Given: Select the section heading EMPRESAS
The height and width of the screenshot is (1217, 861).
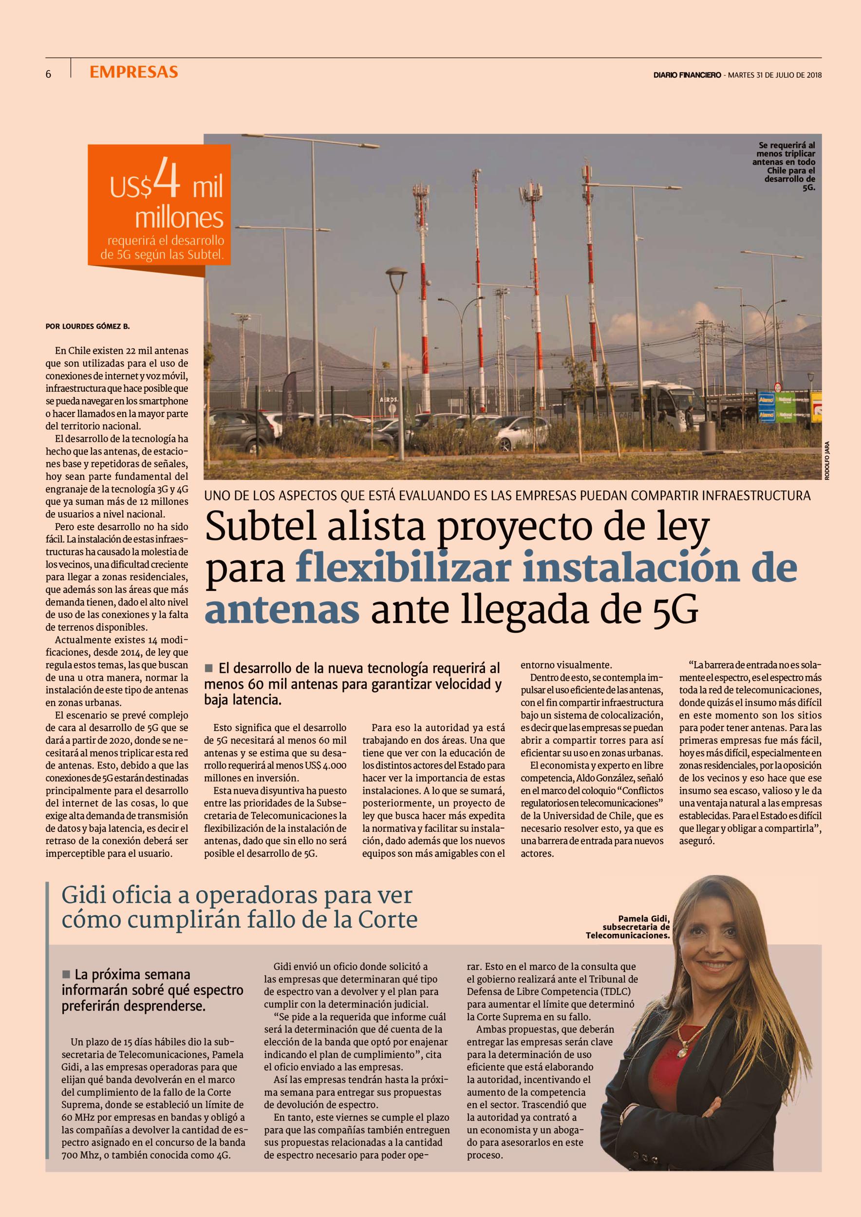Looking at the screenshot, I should point(133,72).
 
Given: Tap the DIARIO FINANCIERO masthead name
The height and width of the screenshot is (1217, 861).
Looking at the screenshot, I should point(687,75).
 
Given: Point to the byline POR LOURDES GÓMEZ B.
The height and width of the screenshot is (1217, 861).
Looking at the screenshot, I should point(88,327).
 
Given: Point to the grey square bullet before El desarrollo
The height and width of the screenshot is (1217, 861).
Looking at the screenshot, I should point(208,667).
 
